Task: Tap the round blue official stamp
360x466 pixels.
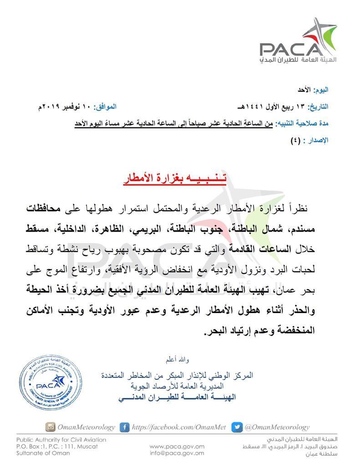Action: pyautogui.click(x=51, y=384)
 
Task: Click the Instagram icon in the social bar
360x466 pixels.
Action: pyautogui.click(x=50, y=427)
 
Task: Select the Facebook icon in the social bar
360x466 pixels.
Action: pyautogui.click(x=124, y=427)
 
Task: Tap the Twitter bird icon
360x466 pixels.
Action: pyautogui.click(x=237, y=427)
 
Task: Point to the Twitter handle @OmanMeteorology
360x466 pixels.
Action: pyautogui.click(x=277, y=427)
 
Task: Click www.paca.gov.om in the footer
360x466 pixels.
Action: pyautogui.click(x=177, y=446)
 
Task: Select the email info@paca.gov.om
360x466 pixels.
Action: pyautogui.click(x=177, y=453)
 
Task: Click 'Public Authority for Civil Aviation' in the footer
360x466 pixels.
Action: pyautogui.click(x=61, y=440)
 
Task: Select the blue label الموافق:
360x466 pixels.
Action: pyautogui.click(x=105, y=106)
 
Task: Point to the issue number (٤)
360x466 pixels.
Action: pyautogui.click(x=296, y=140)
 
